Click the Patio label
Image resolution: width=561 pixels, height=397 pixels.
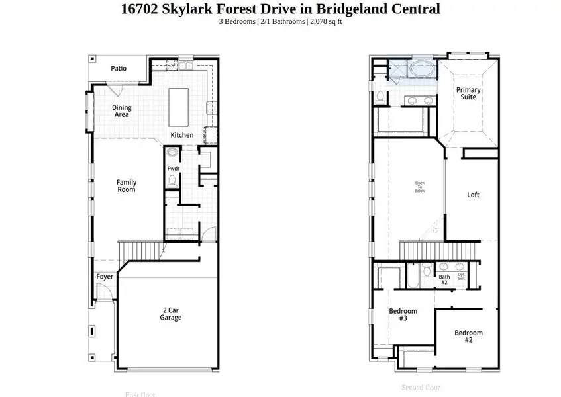click(119, 68)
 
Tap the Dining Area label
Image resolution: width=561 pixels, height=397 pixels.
click(121, 111)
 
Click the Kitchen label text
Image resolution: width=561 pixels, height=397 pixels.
click(182, 135)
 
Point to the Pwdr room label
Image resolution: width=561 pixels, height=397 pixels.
click(174, 169)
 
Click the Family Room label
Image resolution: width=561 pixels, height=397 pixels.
click(126, 186)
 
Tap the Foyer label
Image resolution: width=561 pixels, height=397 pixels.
click(105, 277)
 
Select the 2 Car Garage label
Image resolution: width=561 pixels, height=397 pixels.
click(170, 314)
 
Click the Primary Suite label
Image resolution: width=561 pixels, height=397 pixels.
click(468, 93)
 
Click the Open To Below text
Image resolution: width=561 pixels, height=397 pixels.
click(420, 187)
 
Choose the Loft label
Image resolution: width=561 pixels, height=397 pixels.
click(473, 195)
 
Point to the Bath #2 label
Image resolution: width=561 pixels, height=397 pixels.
click(444, 280)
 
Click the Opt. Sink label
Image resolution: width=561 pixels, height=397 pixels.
click(461, 276)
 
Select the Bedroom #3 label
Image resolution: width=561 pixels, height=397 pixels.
click(403, 314)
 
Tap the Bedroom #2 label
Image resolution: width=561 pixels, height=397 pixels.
click(468, 336)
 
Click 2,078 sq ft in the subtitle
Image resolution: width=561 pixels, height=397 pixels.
click(326, 21)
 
